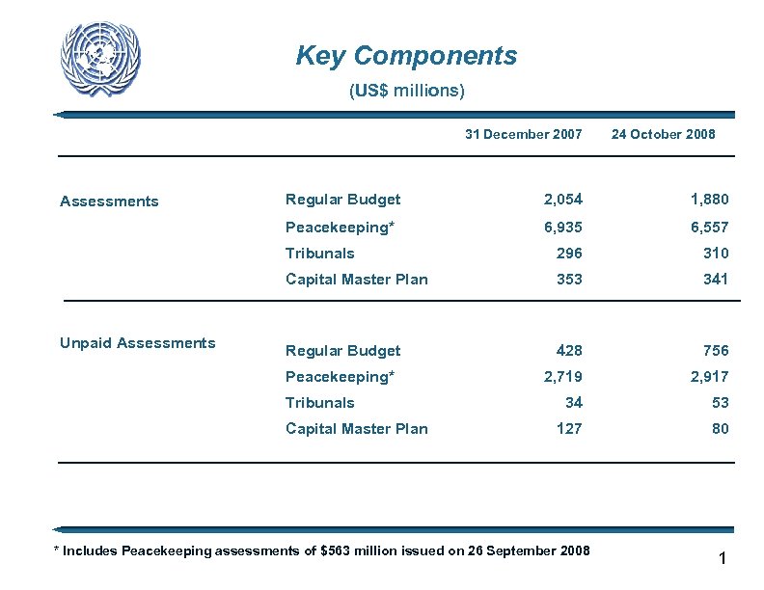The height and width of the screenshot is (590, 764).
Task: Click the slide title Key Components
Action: pyautogui.click(x=406, y=56)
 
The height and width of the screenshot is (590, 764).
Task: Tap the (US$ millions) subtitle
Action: pyautogui.click(x=406, y=92)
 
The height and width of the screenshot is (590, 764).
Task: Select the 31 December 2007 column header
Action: pyautogui.click(x=523, y=135)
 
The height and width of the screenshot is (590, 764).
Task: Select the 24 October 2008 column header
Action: pyautogui.click(x=663, y=135)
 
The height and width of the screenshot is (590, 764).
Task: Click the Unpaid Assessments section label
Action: pyautogui.click(x=138, y=343)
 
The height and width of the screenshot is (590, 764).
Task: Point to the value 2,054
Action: pyautogui.click(x=562, y=200)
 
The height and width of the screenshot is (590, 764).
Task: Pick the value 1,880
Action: pyautogui.click(x=709, y=200)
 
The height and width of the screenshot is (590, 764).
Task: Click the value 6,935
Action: pyautogui.click(x=562, y=228)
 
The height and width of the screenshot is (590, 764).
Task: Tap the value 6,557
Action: pyautogui.click(x=709, y=228)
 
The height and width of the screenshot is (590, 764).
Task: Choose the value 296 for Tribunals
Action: pyautogui.click(x=569, y=254)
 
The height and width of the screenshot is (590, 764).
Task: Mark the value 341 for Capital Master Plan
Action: pyautogui.click(x=715, y=280)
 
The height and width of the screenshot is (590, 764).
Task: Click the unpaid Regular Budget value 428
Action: pyautogui.click(x=569, y=351)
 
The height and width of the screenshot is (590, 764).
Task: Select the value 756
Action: pyautogui.click(x=715, y=351)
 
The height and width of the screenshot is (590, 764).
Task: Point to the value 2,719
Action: pyautogui.click(x=562, y=377)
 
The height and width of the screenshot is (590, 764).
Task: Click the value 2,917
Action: pyautogui.click(x=709, y=377)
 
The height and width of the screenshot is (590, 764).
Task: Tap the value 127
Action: pyautogui.click(x=569, y=429)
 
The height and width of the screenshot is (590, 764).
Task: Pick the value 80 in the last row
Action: pyautogui.click(x=720, y=429)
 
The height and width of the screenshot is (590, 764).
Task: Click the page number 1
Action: pyautogui.click(x=722, y=559)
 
